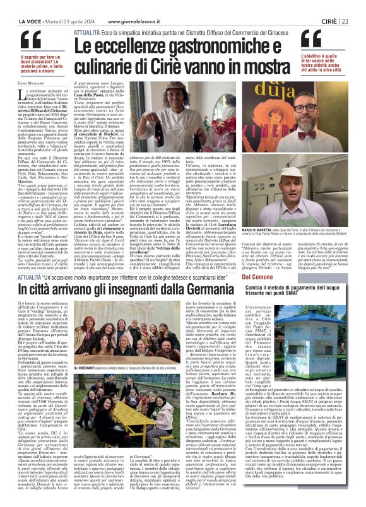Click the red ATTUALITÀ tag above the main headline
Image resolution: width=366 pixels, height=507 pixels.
[86, 29]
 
